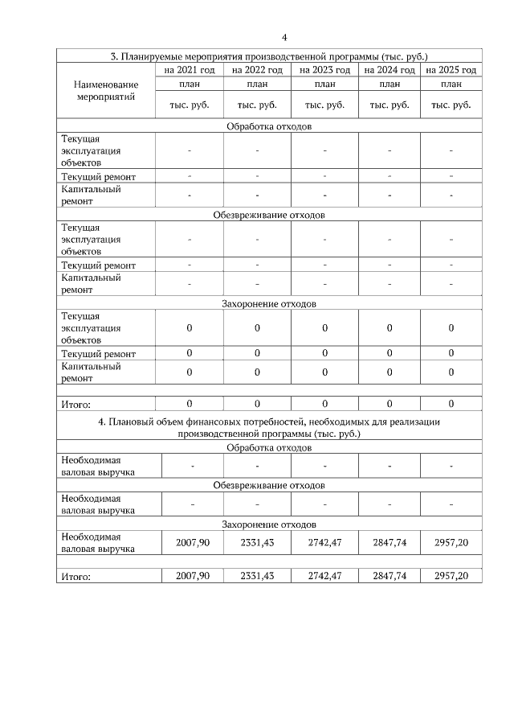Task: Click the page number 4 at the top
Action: [x=284, y=37]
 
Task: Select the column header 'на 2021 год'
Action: [x=190, y=71]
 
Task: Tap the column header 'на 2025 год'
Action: [x=451, y=71]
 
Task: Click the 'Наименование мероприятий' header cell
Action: [x=105, y=90]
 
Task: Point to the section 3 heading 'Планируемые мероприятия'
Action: [x=268, y=57]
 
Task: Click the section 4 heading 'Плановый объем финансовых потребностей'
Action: [x=268, y=427]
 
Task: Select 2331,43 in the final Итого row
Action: [x=257, y=576]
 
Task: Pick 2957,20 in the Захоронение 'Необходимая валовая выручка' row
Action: [x=451, y=542]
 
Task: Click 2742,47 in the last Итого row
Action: [x=324, y=576]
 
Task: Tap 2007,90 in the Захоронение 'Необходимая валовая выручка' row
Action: [x=192, y=542]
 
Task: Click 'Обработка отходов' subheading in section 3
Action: [x=268, y=126]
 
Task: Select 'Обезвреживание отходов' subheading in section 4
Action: [x=268, y=486]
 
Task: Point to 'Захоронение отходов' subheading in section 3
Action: [x=268, y=304]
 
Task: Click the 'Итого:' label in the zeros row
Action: [x=76, y=404]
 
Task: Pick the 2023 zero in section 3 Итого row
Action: [x=324, y=404]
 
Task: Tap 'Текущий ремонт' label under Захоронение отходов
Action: [x=98, y=354]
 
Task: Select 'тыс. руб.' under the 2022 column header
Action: [x=257, y=105]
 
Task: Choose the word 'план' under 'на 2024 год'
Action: [x=390, y=84]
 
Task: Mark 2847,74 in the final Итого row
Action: [x=390, y=576]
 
